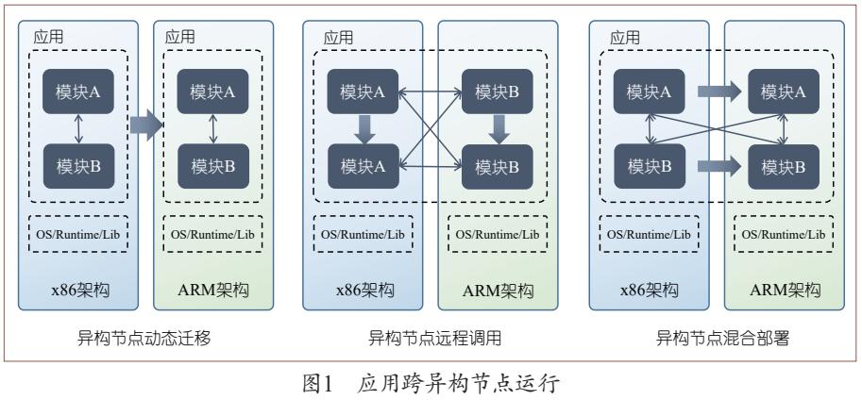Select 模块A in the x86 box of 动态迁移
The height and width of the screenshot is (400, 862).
coord(78,92)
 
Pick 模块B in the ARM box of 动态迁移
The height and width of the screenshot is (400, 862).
coord(212,166)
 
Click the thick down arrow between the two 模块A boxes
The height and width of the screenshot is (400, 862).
coord(363,128)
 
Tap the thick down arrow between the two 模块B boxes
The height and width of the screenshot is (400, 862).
coord(499,128)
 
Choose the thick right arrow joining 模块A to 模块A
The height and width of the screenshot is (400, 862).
coord(720,92)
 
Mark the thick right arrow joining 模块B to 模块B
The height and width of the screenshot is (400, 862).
coord(720,167)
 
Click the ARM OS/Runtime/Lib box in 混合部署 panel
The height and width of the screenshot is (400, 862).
coord(784,234)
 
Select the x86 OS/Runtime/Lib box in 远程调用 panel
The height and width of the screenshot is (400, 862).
coord(363,234)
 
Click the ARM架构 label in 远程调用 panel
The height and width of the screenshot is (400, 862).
coord(498,290)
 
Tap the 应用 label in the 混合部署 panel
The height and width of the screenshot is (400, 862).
coord(625,38)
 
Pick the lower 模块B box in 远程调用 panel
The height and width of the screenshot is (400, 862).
coord(498,166)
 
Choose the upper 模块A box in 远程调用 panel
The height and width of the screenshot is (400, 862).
coord(363,92)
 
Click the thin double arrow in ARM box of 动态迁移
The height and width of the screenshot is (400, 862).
coord(212,128)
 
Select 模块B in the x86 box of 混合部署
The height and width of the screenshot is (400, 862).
coord(650,166)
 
